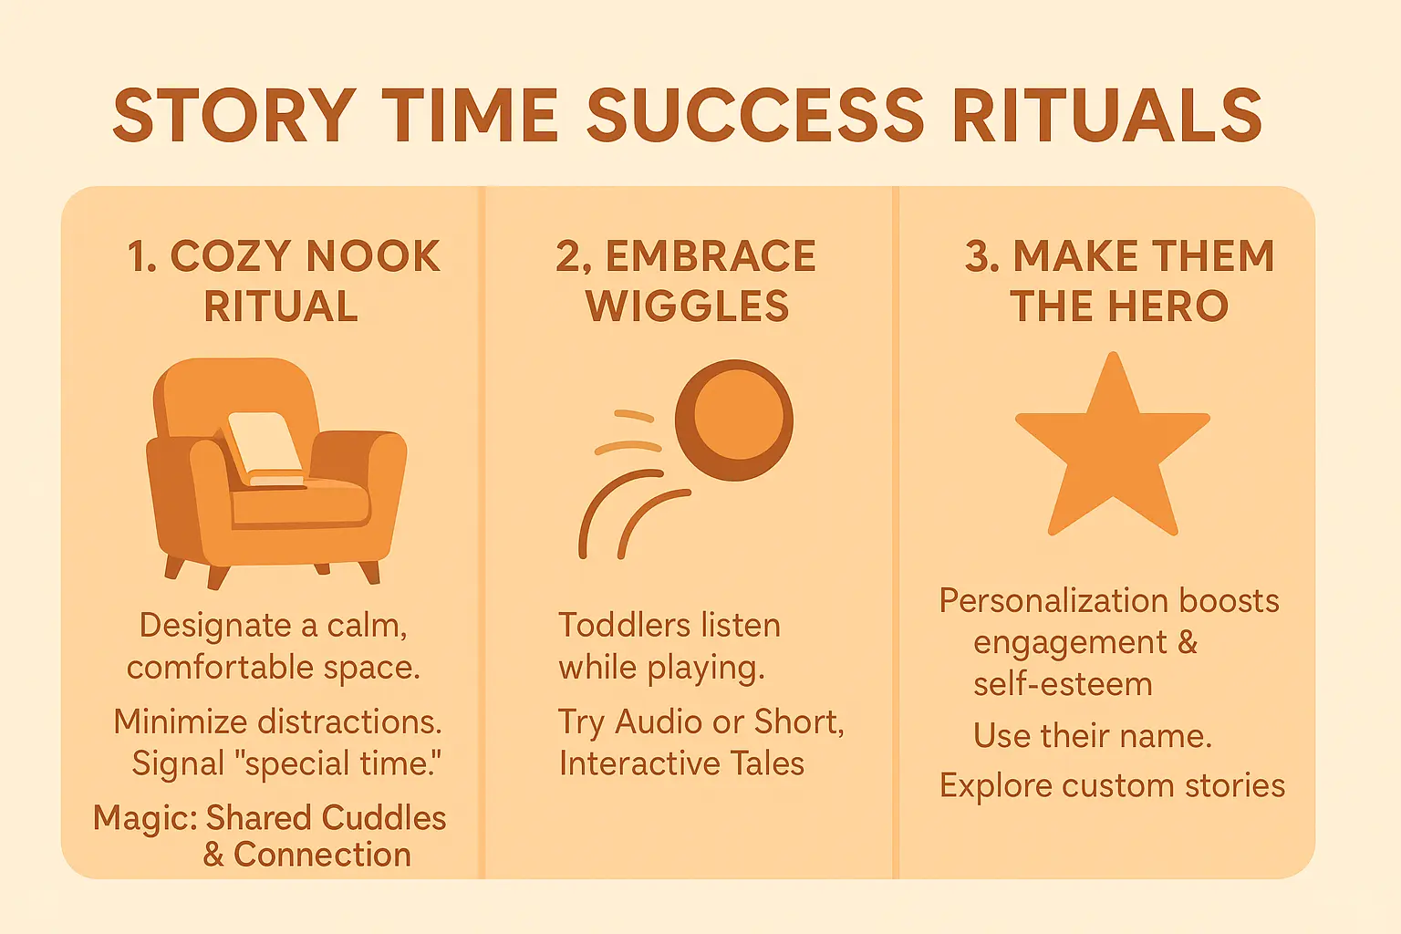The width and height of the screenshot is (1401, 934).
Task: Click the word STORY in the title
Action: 233,117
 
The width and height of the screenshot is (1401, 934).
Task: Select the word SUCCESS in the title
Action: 755,117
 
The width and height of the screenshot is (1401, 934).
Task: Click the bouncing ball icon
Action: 733,420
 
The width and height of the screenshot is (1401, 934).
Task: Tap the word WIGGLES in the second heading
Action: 688,306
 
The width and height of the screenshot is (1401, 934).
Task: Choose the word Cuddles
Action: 384,817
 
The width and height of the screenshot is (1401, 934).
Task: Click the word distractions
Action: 349,721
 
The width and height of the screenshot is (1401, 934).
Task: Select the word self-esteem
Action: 1063,684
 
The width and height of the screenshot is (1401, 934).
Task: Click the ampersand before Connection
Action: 213,855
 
